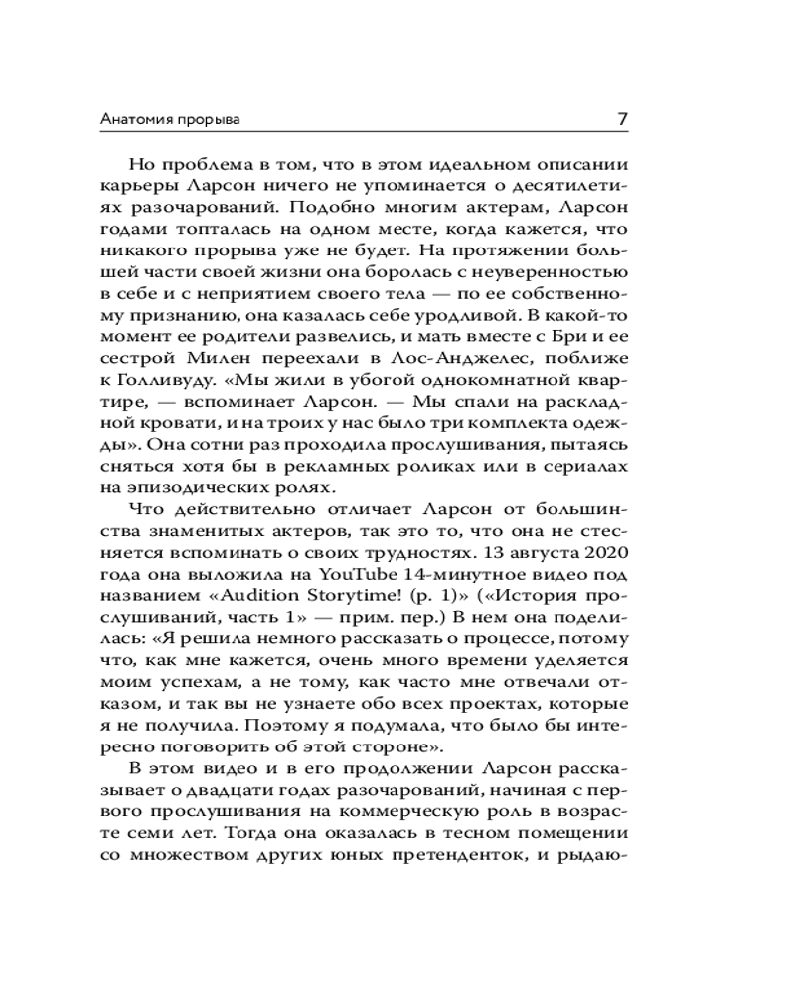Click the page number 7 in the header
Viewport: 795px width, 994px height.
622,119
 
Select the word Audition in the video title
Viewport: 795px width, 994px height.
283,603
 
